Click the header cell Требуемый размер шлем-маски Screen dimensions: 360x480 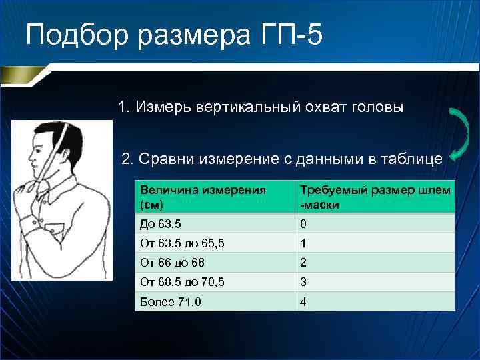click(x=375, y=197)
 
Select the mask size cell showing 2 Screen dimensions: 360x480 click(x=304, y=263)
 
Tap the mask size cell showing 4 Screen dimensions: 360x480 click(x=304, y=301)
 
